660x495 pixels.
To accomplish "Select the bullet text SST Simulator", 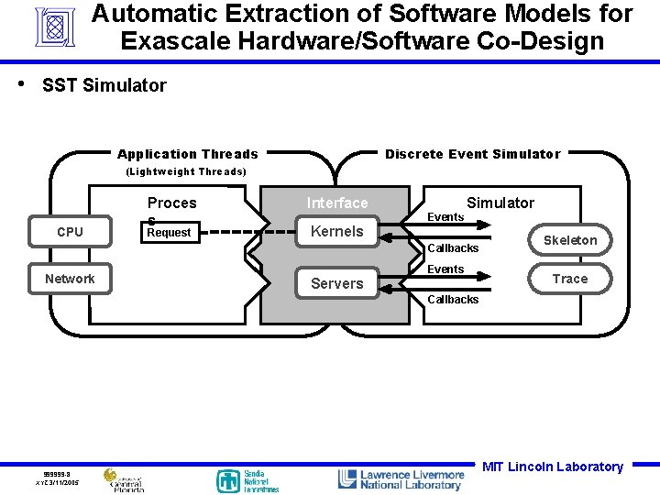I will (104, 85).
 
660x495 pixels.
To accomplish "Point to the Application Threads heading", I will (188, 154).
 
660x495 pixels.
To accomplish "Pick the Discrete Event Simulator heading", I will (472, 154).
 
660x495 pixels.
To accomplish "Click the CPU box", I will (70, 232).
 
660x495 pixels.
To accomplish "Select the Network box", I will (70, 279).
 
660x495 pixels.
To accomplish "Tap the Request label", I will (169, 233).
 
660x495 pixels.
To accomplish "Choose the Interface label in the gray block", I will (337, 203).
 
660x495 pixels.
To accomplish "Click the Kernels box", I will (336, 232).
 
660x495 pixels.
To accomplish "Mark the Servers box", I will (336, 283).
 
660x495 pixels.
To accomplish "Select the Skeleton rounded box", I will (569, 240).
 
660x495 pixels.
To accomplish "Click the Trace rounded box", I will (569, 279).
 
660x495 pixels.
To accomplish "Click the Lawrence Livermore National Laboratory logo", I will (401, 479).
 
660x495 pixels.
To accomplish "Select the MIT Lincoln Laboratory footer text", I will (553, 467).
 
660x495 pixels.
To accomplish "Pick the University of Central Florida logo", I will (124, 480).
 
